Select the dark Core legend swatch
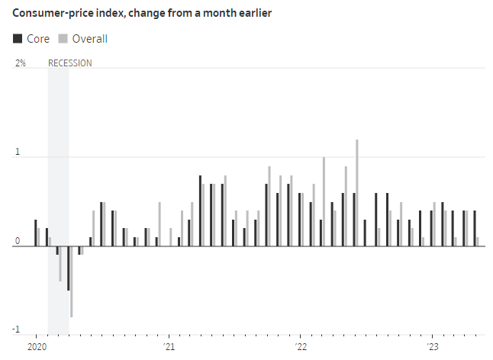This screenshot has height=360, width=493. pyautogui.click(x=18, y=39)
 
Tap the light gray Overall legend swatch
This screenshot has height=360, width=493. pyautogui.click(x=63, y=39)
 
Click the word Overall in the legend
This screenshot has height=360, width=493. pyautogui.click(x=89, y=39)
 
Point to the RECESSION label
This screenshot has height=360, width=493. pyautogui.click(x=69, y=63)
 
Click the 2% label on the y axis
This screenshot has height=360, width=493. pyautogui.click(x=20, y=63)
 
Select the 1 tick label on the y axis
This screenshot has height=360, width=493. pyautogui.click(x=16, y=152)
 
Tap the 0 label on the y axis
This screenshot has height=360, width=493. pyautogui.click(x=16, y=241)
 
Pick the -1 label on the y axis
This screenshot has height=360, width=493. pyautogui.click(x=16, y=330)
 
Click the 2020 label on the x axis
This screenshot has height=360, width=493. pyautogui.click(x=36, y=347)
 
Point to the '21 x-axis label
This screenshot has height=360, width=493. pyautogui.click(x=169, y=347)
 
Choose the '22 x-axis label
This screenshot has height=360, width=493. pyautogui.click(x=301, y=347)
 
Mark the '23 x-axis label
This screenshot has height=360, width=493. pyautogui.click(x=433, y=347)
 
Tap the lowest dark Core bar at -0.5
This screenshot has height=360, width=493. pyautogui.click(x=68, y=268)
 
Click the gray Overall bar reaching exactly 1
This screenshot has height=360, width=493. pyautogui.click(x=324, y=201)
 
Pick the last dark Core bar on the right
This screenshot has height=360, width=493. pyautogui.click(x=474, y=228)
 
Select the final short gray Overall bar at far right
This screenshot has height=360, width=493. pyautogui.click(x=478, y=241)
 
